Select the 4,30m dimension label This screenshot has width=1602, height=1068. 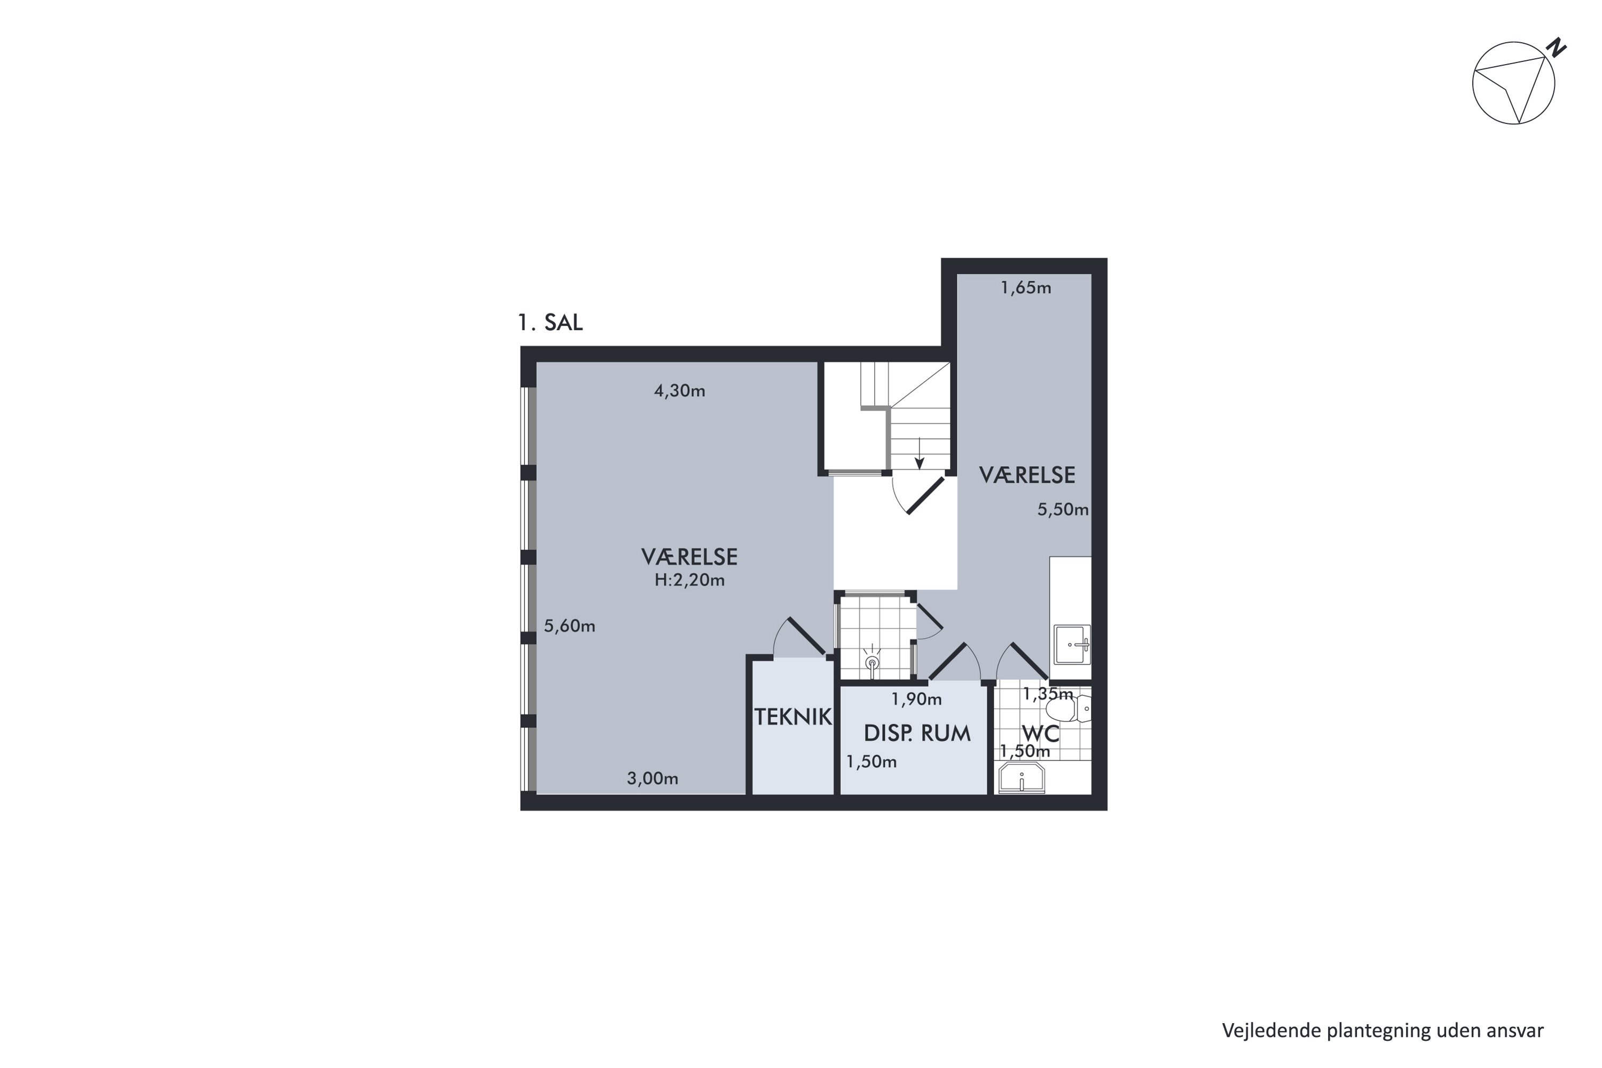coord(679,391)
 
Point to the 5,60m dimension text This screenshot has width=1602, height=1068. coord(569,626)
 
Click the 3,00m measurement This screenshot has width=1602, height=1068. coord(653,779)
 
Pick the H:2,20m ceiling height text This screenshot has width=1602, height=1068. coord(689,580)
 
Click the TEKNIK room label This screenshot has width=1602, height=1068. coord(793,717)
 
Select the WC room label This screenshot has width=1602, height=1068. coord(1041,734)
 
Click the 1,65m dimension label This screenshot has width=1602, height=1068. coord(1026,288)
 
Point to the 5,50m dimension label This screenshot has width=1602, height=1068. coord(1063,509)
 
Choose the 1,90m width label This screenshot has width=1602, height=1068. coord(916,699)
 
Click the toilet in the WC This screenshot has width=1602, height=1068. coord(1068,709)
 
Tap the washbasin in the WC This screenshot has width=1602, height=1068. coord(1021,778)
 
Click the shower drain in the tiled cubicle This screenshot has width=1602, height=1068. coord(872,662)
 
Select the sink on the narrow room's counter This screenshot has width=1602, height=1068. coord(1072,645)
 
